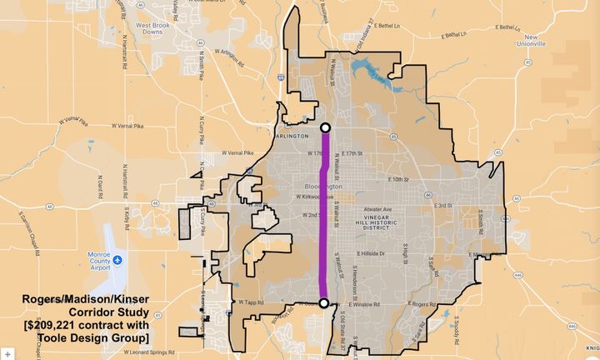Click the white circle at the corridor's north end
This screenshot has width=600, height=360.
coord(326,128)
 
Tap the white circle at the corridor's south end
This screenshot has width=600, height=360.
coord(324,303)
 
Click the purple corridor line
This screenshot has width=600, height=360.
coord(325,217)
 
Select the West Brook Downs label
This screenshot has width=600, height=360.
coord(152,52)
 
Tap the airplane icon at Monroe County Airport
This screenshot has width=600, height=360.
coord(118,259)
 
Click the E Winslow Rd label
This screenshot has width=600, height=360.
coord(364,304)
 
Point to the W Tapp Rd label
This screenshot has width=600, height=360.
coord(251,302)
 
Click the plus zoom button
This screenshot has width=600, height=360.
coord(7,353)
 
